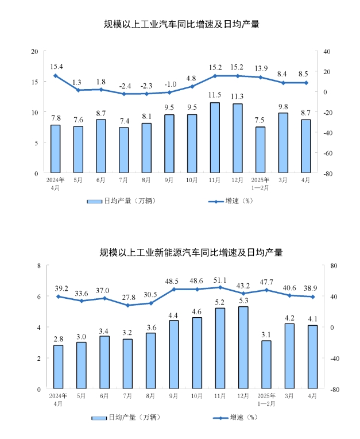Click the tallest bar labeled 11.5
click(x=215, y=138)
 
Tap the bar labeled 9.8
click(x=283, y=143)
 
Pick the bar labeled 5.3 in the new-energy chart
click(x=243, y=348)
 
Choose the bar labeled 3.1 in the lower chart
click(x=265, y=364)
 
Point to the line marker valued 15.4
click(x=56, y=76)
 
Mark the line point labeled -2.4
click(x=123, y=94)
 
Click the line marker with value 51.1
click(x=220, y=287)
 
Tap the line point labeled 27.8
click(x=127, y=305)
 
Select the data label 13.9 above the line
click(x=260, y=68)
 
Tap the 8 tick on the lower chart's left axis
click(x=38, y=265)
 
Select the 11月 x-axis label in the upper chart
click(x=215, y=180)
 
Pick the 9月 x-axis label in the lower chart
click(x=173, y=396)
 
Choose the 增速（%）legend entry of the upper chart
click(x=230, y=201)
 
